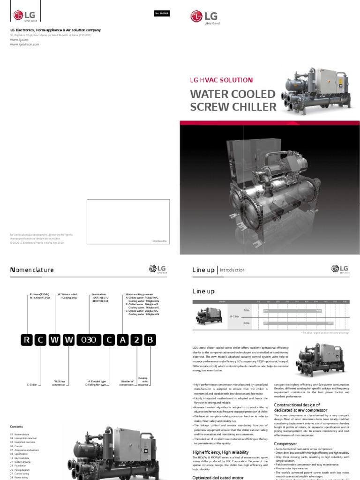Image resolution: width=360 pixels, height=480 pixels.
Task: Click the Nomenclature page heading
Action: point(32,270)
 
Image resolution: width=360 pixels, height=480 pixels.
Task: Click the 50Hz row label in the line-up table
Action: point(247,310)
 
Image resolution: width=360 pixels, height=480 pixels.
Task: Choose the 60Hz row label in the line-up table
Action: point(247,323)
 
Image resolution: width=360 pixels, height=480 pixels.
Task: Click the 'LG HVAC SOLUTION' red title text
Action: point(221,81)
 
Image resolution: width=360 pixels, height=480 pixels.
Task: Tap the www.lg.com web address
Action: point(16,40)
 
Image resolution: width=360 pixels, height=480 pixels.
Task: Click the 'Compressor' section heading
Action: point(285,443)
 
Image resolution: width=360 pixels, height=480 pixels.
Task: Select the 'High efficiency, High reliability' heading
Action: point(218,452)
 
